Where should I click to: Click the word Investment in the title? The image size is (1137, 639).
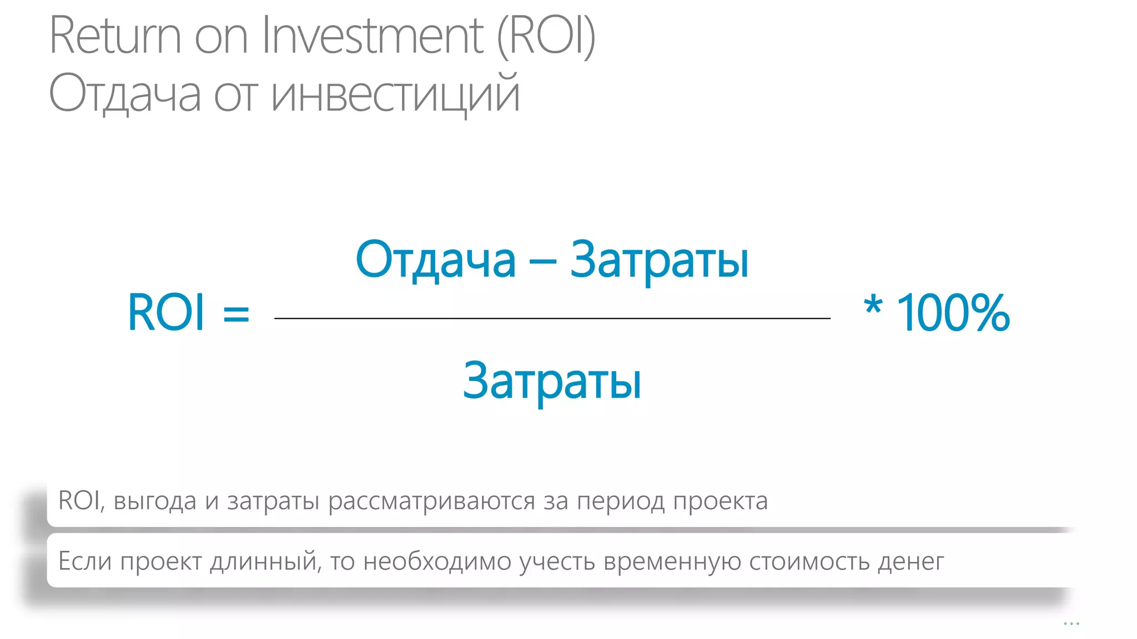pyautogui.click(x=373, y=36)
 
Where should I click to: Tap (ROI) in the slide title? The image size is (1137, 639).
pyautogui.click(x=546, y=36)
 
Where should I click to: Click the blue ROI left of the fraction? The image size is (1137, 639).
pyautogui.click(x=166, y=313)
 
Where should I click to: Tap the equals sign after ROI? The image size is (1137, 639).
pyautogui.click(x=236, y=314)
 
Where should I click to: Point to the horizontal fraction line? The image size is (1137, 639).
pyautogui.click(x=552, y=318)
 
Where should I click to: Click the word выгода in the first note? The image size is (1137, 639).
pyautogui.click(x=155, y=501)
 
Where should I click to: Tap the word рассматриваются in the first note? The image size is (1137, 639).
pyautogui.click(x=431, y=501)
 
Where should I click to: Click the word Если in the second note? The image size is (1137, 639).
pyautogui.click(x=84, y=561)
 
